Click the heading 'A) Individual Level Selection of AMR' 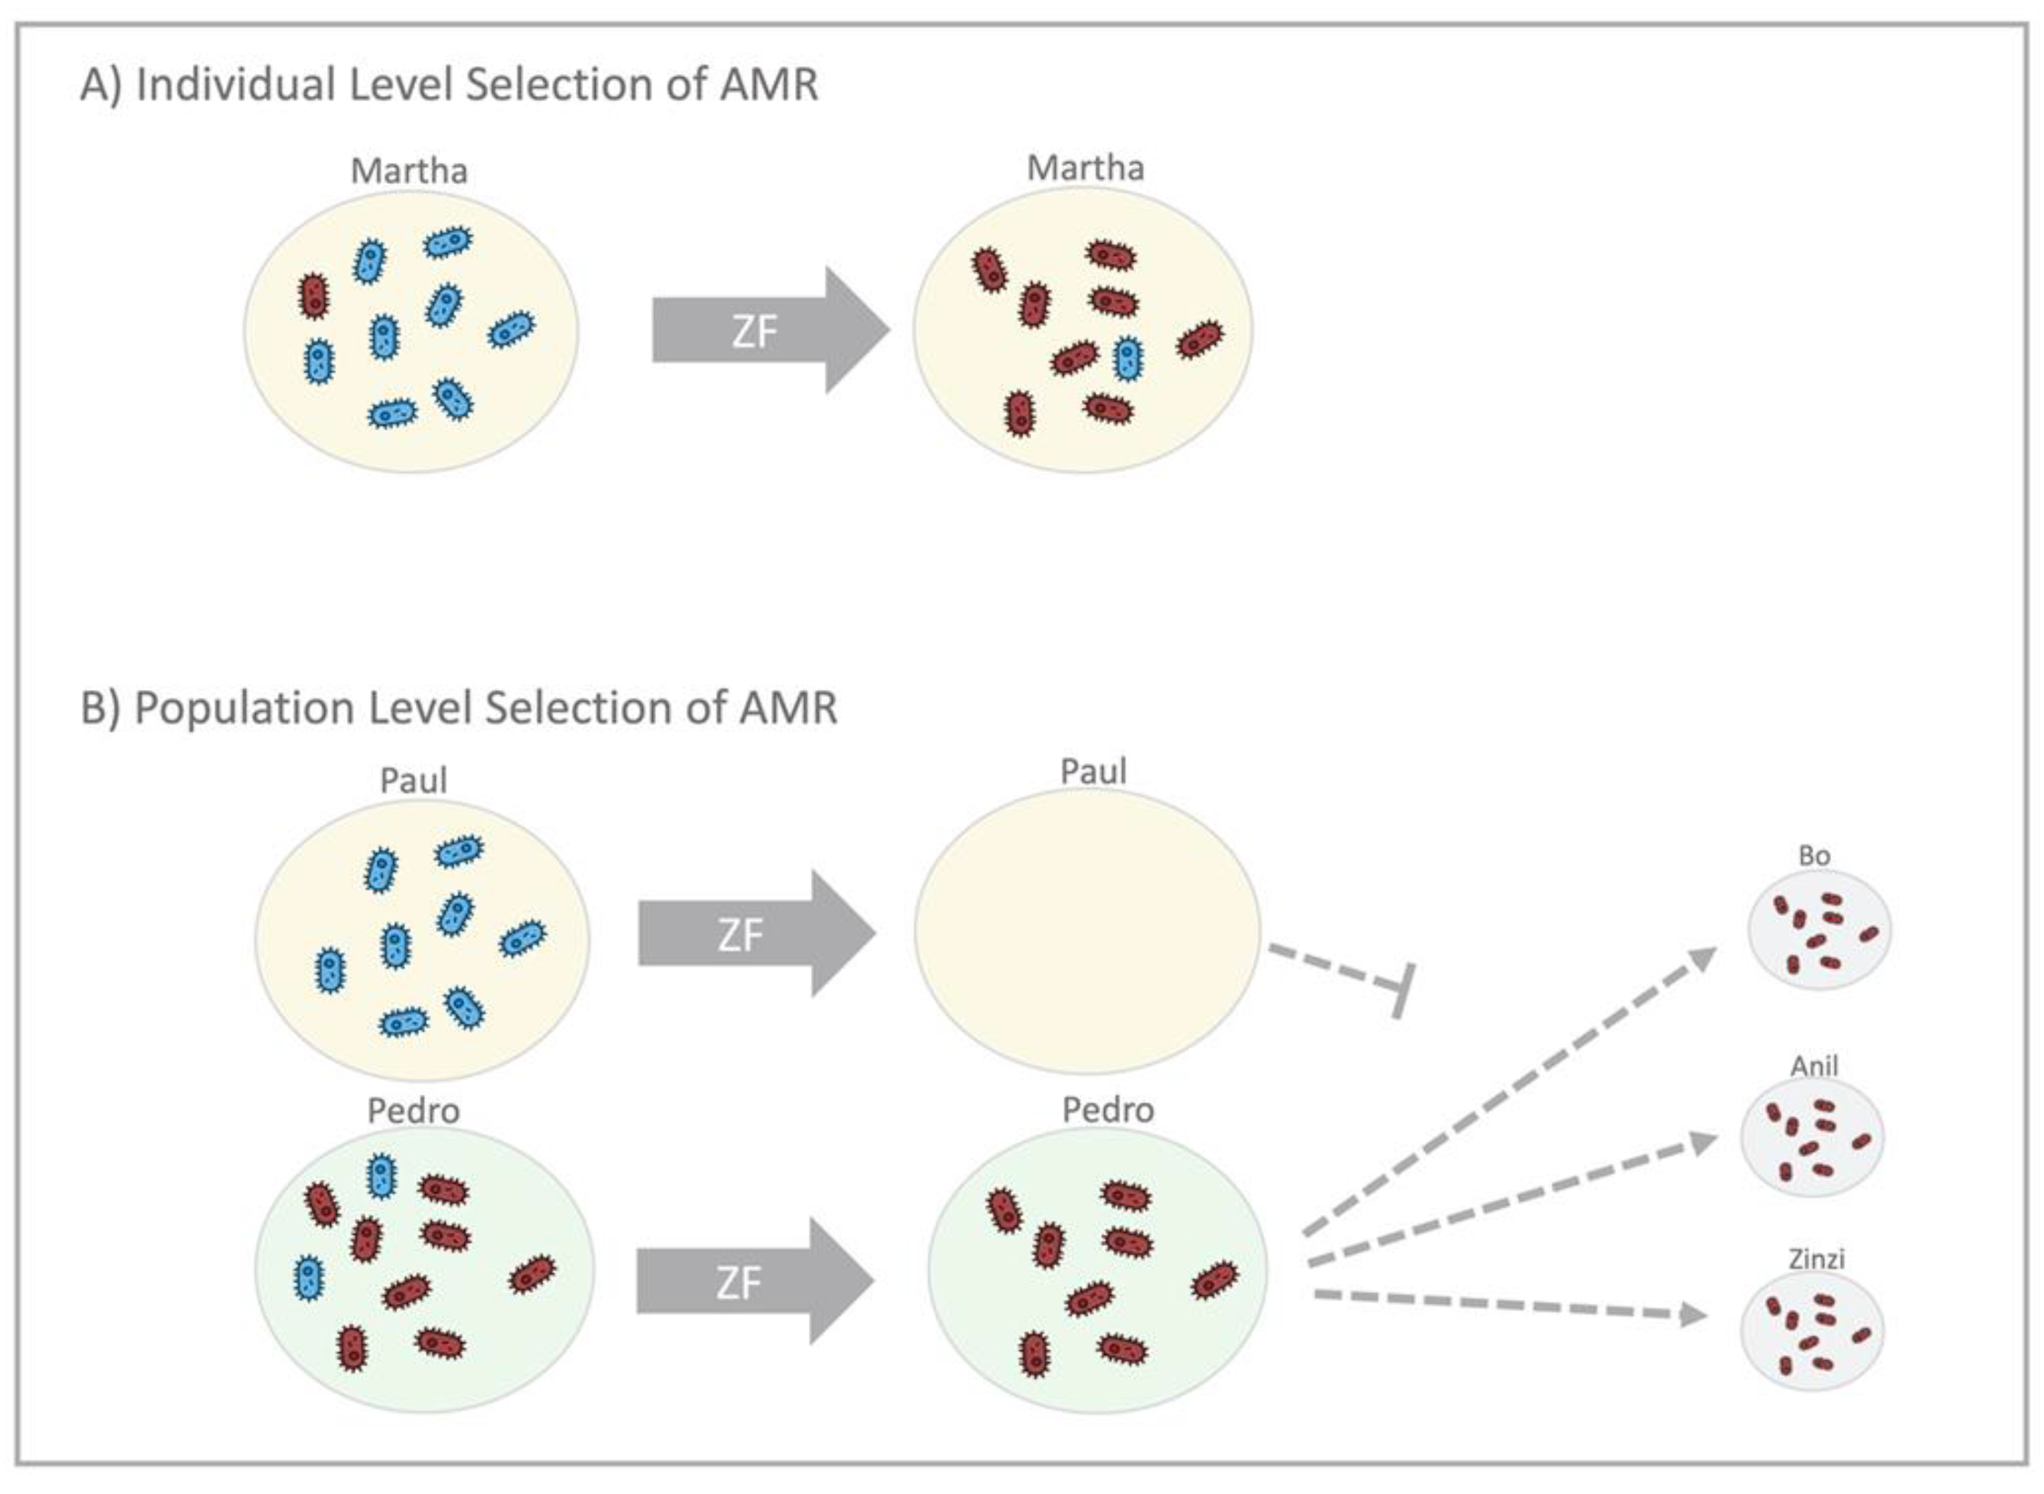point(450,85)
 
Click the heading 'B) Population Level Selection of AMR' point(459,708)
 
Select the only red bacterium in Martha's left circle point(314,296)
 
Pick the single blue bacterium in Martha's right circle point(1127,358)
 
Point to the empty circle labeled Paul point(1086,932)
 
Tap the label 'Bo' point(1814,856)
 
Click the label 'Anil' point(1814,1066)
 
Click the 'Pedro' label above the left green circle point(413,1111)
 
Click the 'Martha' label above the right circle point(1085,168)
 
